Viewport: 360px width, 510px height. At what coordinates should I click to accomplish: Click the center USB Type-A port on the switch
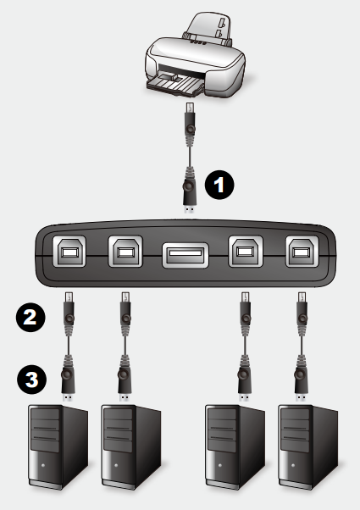[x=185, y=255]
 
